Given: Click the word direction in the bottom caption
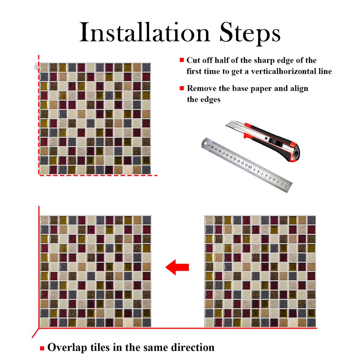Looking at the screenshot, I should pyautogui.click(x=193, y=348).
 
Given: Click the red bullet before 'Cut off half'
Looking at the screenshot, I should pyautogui.click(x=181, y=60).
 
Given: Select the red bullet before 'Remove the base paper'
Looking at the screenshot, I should pyautogui.click(x=181, y=88).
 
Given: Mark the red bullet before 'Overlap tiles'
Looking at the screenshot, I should pyautogui.click(x=42, y=348).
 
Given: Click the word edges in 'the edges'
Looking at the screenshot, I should pyautogui.click(x=210, y=99).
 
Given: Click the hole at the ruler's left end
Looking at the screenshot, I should pyautogui.click(x=205, y=143).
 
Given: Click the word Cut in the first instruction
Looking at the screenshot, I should pyautogui.click(x=193, y=60).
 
